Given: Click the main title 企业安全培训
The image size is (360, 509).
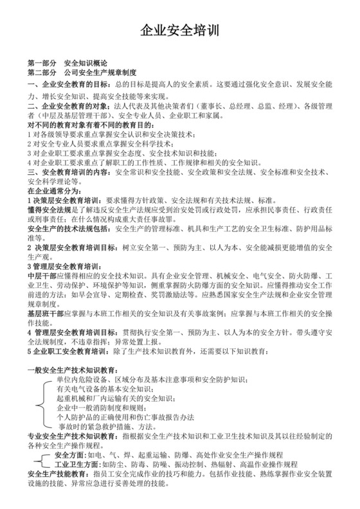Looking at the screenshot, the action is (179, 32).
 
